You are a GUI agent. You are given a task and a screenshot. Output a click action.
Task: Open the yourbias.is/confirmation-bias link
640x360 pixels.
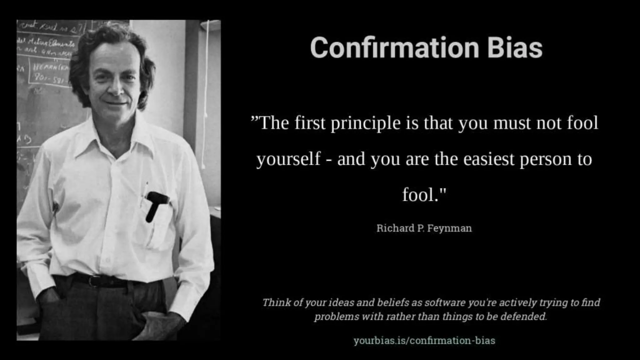coord(424,340)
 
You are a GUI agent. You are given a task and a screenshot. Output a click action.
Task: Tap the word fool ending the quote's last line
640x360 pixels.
coord(419,195)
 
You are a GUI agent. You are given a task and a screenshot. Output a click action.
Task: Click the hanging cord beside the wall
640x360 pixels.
coord(206,94)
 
